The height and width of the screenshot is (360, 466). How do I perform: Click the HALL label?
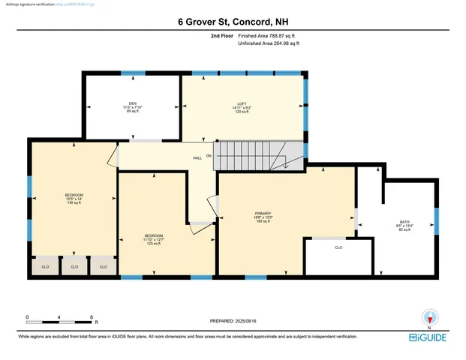click(197, 158)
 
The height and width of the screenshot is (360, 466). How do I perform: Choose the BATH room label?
click(404, 222)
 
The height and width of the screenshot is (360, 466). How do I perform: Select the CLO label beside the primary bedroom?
click(338, 247)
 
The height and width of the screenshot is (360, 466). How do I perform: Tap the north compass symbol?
click(428, 317)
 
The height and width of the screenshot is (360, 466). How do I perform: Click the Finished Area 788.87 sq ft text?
click(268, 35)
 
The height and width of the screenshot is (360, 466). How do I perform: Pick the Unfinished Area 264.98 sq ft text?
click(268, 44)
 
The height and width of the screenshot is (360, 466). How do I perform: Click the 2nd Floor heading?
click(223, 35)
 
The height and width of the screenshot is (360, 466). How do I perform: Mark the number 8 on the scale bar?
click(92, 317)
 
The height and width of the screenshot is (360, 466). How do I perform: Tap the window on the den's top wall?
click(134, 73)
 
